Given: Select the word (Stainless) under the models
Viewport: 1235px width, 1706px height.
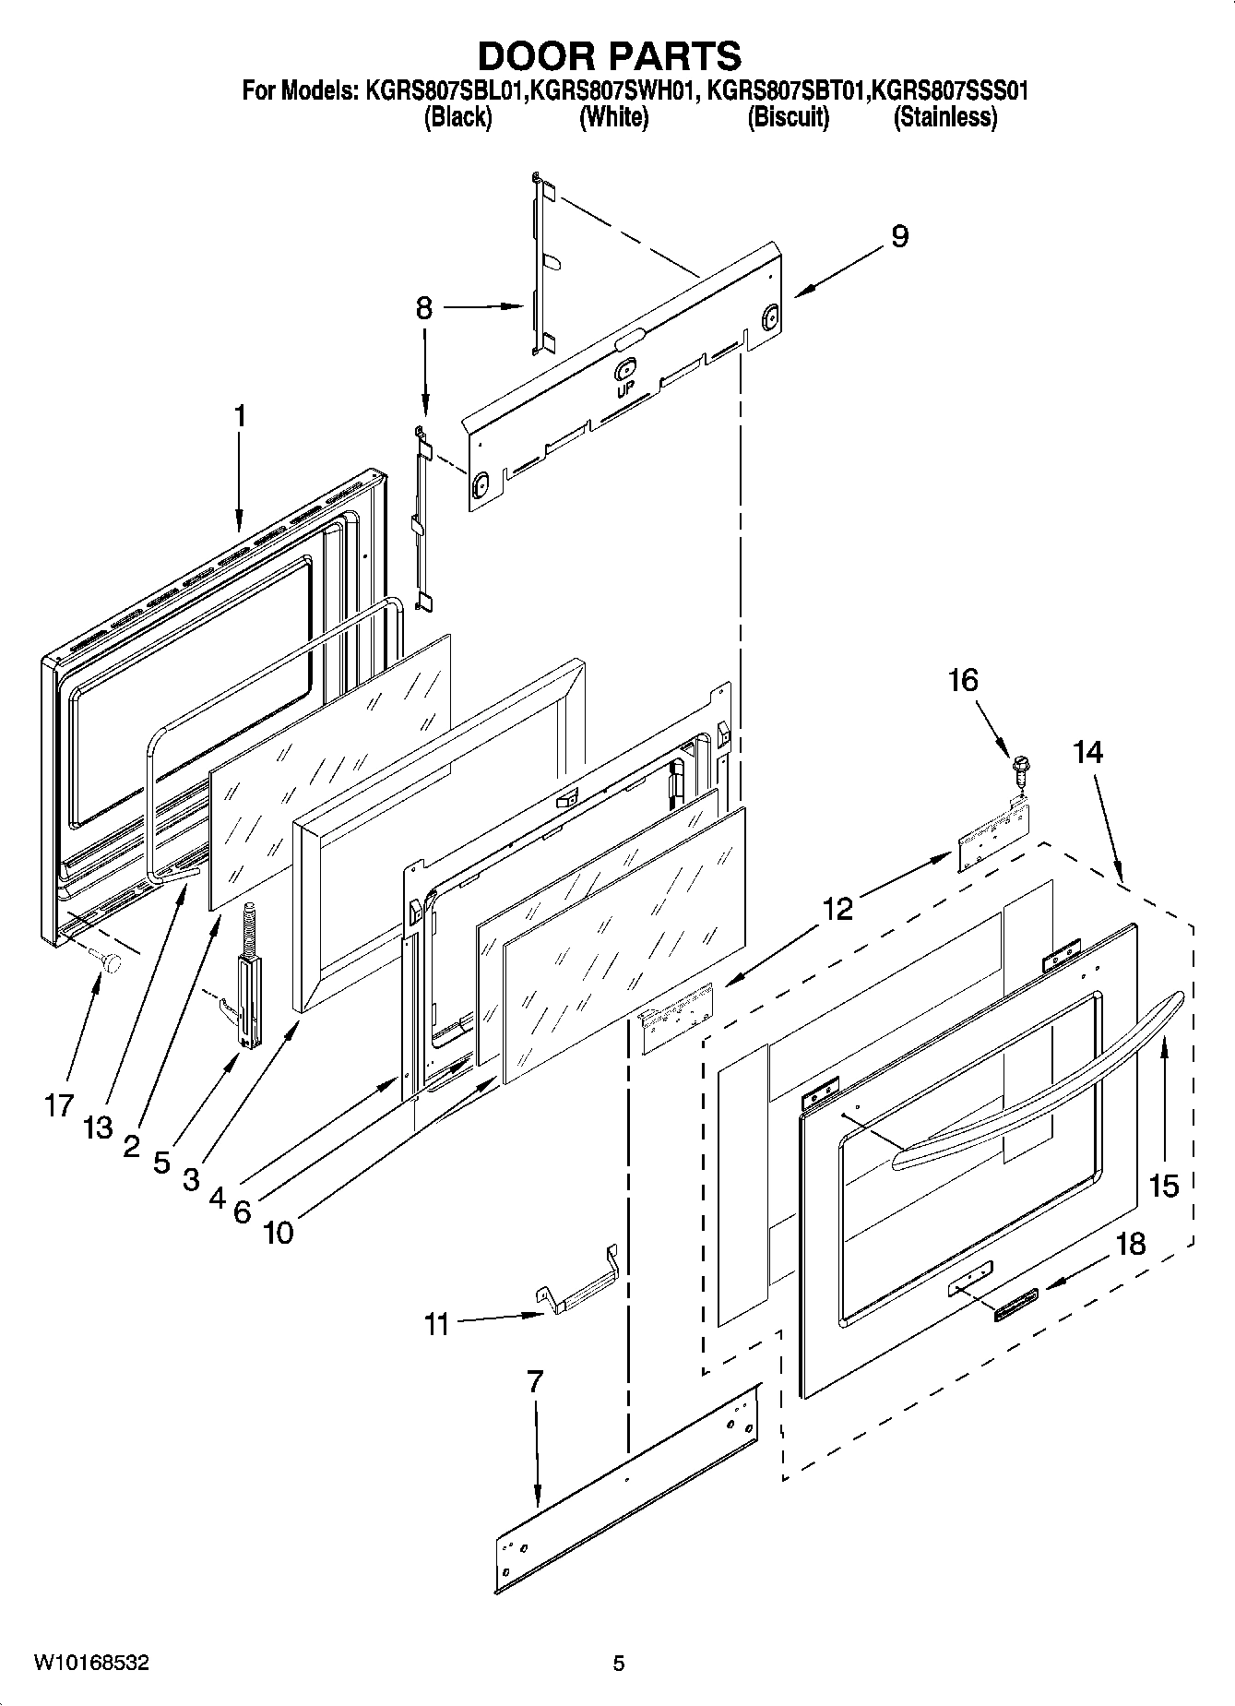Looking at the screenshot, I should click(x=945, y=117).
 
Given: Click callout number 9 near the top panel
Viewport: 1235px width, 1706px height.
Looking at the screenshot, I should click(x=899, y=236).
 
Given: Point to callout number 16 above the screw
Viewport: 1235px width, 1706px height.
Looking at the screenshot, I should click(x=963, y=680).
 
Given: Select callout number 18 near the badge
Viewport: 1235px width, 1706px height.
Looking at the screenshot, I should click(x=1130, y=1244).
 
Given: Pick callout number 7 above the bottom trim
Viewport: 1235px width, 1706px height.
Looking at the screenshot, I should click(x=535, y=1381).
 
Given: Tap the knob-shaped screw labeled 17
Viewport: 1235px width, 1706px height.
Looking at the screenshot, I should click(x=113, y=963).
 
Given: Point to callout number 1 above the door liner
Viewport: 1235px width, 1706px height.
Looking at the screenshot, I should click(x=240, y=417).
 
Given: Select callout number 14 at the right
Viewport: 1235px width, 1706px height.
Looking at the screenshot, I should click(x=1088, y=752).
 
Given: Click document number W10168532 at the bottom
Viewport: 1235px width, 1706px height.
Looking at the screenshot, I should click(x=92, y=1663).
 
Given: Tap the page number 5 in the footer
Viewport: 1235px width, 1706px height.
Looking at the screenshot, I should click(x=619, y=1664).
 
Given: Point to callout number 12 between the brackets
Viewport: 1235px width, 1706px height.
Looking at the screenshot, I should click(x=837, y=909).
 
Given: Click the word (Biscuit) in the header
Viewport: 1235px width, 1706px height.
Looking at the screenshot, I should click(x=788, y=117).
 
